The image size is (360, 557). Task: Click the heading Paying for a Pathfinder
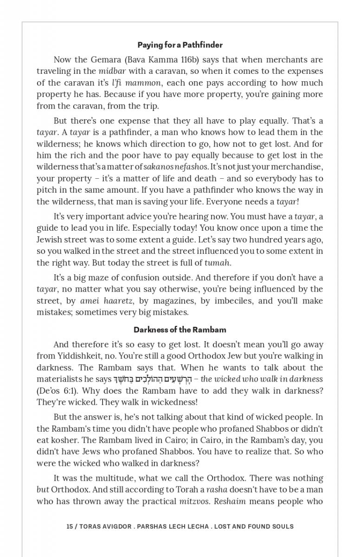pyautogui.click(x=180, y=45)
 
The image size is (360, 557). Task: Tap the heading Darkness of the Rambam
pyautogui.click(x=180, y=330)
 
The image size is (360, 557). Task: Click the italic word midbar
pyautogui.click(x=112, y=71)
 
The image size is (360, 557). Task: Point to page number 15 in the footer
pyautogui.click(x=70, y=526)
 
